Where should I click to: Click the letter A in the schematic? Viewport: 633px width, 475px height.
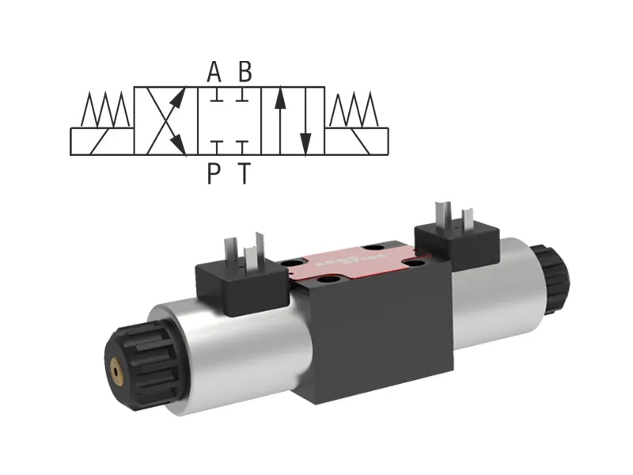pyautogui.click(x=214, y=73)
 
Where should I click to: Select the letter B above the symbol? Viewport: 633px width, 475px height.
pyautogui.click(x=245, y=73)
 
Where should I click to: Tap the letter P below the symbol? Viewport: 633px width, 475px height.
pyautogui.click(x=214, y=173)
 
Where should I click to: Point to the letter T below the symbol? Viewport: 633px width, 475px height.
pyautogui.click(x=245, y=173)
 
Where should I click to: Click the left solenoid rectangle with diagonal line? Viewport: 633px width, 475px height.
pyautogui.click(x=102, y=141)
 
